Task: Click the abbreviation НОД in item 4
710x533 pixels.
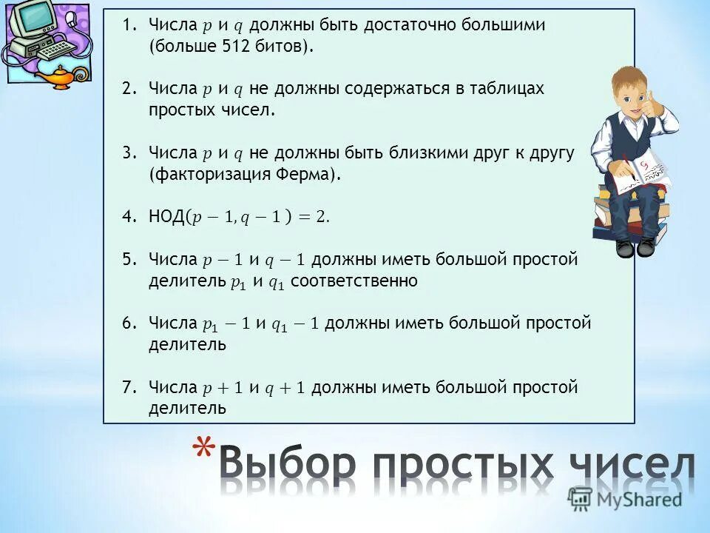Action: (x=166, y=217)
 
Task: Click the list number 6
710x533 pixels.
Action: (x=129, y=324)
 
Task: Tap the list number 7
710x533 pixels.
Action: (x=129, y=387)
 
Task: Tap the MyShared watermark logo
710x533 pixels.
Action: (x=625, y=500)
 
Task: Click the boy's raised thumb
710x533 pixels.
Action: (x=650, y=99)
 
